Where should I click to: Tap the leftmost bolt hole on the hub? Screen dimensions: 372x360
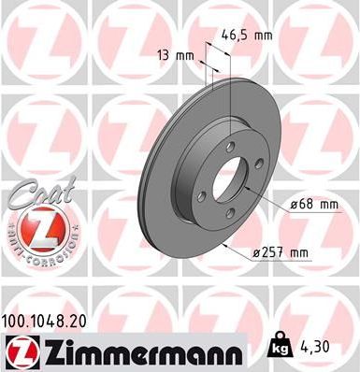tap(201, 193)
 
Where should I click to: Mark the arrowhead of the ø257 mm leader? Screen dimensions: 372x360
tap(231, 245)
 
